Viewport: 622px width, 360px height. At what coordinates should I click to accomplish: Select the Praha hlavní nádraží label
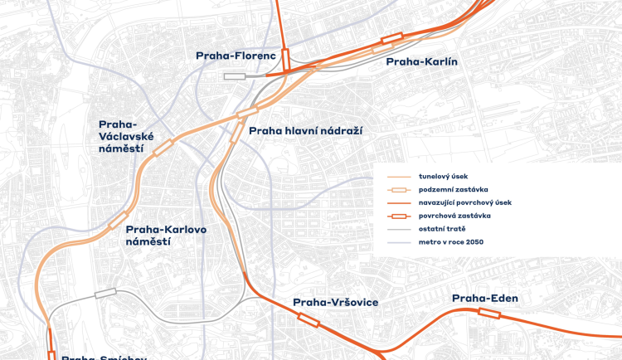point(306,130)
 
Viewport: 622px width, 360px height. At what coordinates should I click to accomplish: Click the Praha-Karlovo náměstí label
point(166,235)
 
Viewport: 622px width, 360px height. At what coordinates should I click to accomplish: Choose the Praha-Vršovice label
point(336,303)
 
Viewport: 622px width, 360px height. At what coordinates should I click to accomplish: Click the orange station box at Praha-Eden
point(488,313)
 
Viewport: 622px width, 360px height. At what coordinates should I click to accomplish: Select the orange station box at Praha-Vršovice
point(308,319)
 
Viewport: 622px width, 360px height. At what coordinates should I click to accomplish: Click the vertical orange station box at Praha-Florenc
point(285,58)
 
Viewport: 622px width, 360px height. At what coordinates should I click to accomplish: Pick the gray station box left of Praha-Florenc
point(235,75)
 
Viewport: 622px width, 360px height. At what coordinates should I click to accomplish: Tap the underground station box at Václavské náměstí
point(163,148)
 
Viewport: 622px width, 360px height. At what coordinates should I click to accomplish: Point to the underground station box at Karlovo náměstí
point(118,220)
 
